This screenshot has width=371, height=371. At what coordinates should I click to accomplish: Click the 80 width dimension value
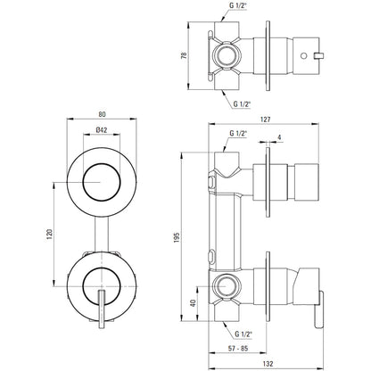tap(102, 114)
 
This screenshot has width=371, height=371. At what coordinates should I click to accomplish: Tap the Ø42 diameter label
tap(102, 129)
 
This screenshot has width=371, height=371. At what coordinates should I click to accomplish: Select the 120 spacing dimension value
tap(50, 234)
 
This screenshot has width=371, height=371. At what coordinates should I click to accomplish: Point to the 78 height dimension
tap(185, 55)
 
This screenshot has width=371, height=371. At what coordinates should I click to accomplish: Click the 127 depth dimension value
tap(265, 120)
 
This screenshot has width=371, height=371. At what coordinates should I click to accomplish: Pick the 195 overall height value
tap(177, 237)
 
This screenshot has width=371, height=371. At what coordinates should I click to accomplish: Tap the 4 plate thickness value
tap(279, 137)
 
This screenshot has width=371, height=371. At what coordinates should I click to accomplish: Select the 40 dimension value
tap(194, 303)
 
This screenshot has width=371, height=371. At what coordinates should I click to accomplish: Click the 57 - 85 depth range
tap(238, 348)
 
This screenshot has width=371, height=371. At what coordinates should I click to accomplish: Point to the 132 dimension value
tap(268, 363)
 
